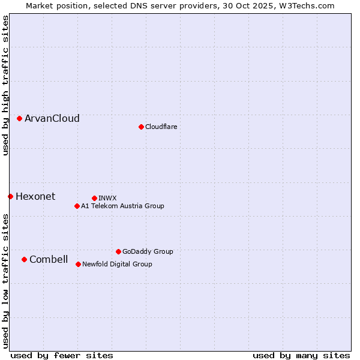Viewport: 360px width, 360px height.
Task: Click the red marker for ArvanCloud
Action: (x=19, y=118)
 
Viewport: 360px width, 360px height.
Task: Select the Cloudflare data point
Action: (x=141, y=127)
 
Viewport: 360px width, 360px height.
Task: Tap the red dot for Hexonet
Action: (x=10, y=196)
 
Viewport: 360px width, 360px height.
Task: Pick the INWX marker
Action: (x=94, y=198)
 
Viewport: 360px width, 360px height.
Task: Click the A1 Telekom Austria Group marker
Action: (x=77, y=206)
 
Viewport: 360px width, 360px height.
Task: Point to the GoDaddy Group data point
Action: (x=118, y=251)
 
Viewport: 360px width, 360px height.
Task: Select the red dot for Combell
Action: (x=24, y=259)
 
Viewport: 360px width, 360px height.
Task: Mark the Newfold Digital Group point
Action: (x=78, y=264)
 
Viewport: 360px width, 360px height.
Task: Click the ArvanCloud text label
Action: (x=52, y=118)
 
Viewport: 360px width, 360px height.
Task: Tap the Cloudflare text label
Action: (x=161, y=127)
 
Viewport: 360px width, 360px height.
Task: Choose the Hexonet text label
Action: (x=35, y=196)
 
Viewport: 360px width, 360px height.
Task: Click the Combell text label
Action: (x=49, y=259)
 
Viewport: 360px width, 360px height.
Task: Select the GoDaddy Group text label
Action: (x=148, y=251)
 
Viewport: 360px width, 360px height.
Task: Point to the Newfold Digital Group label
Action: (x=117, y=264)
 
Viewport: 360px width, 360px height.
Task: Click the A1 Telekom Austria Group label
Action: (x=122, y=206)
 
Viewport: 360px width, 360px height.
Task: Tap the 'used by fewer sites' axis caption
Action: (x=62, y=355)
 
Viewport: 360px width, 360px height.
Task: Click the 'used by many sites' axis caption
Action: (x=301, y=355)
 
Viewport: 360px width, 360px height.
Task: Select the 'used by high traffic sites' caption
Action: (x=5, y=85)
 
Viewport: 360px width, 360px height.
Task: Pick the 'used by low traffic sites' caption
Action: (x=5, y=281)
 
